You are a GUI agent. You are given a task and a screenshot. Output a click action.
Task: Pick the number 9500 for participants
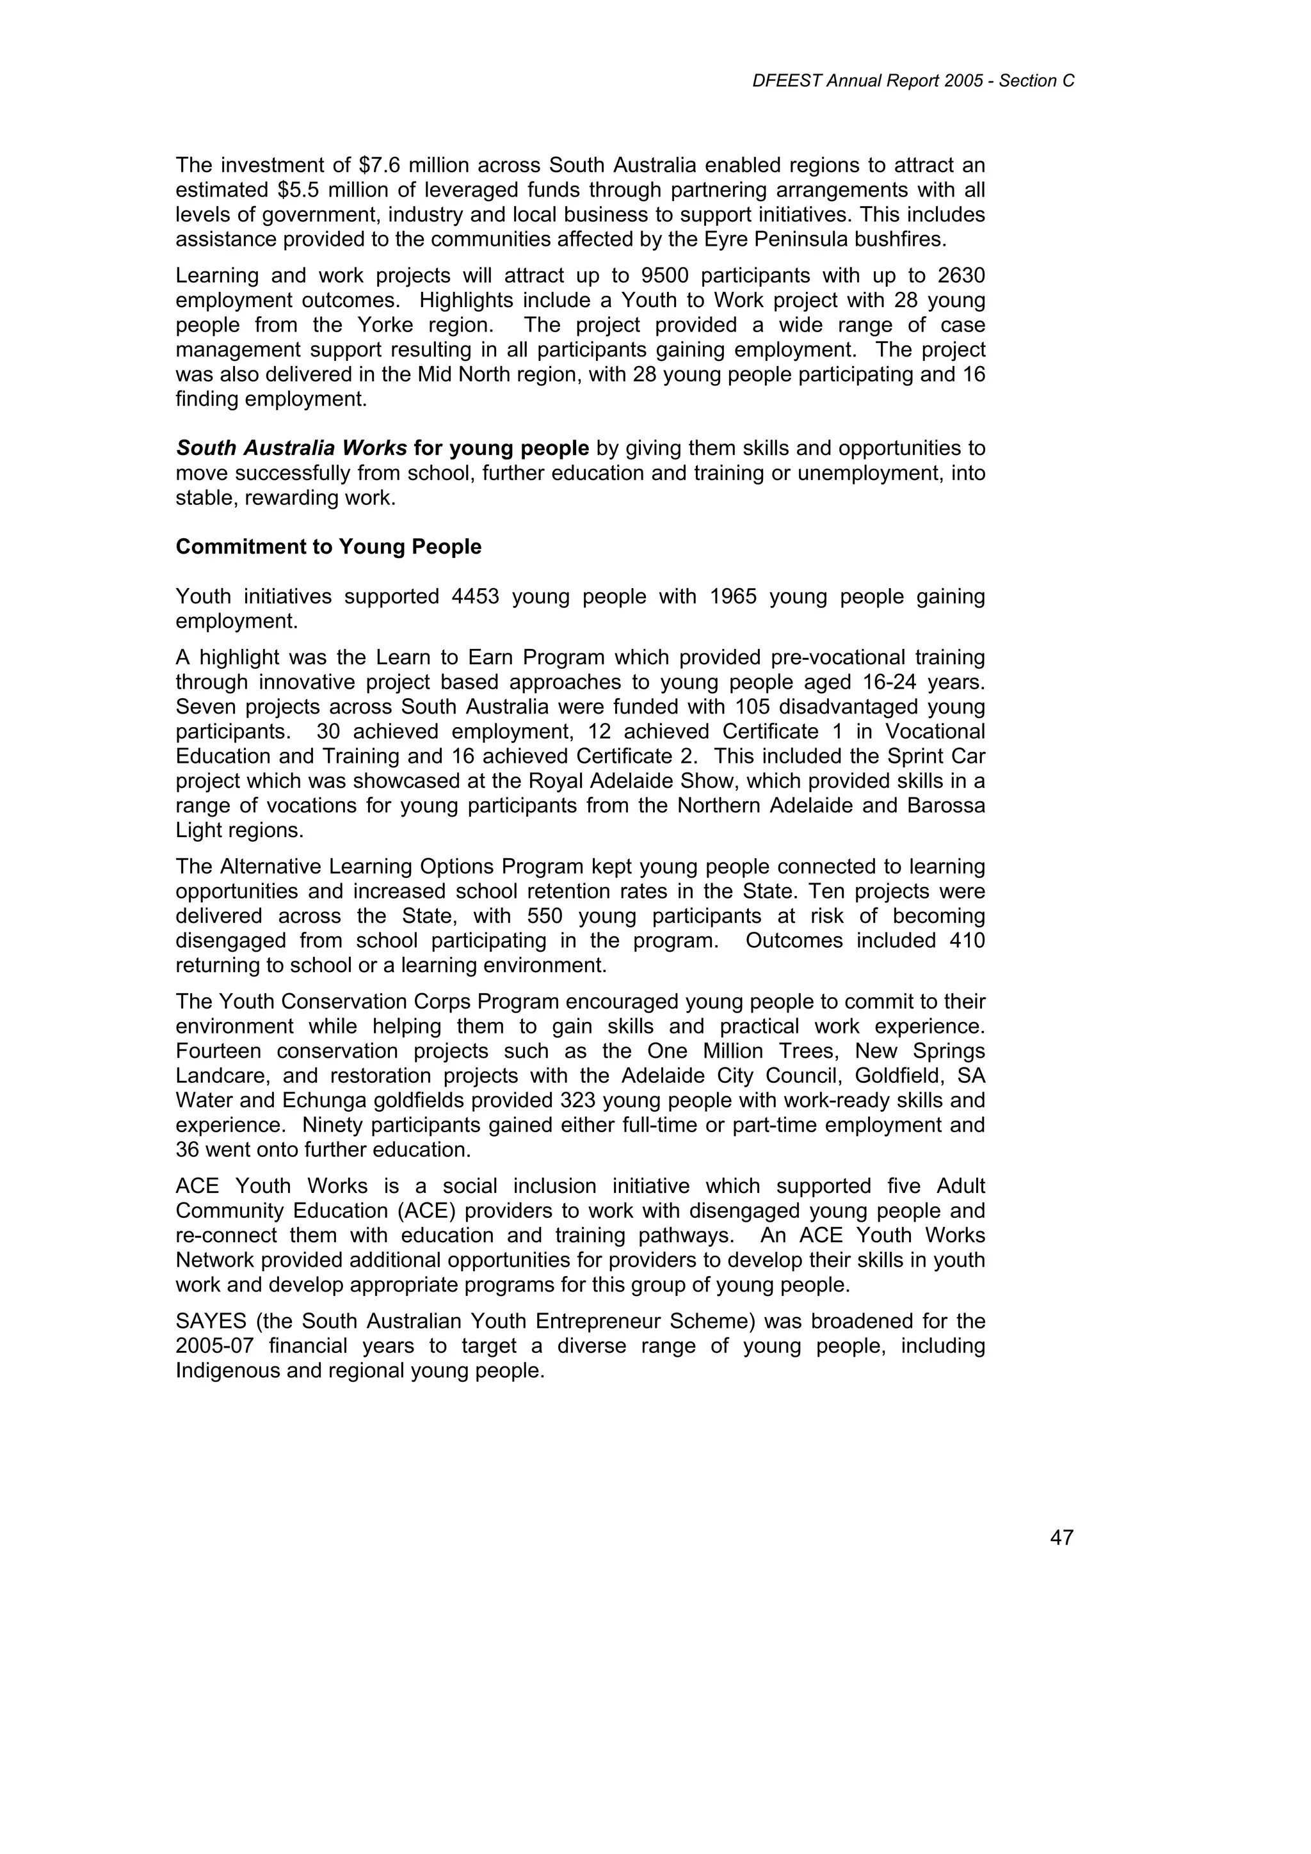pyautogui.click(x=663, y=276)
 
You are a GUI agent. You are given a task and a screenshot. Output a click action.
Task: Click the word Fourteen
pyautogui.click(x=218, y=1051)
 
